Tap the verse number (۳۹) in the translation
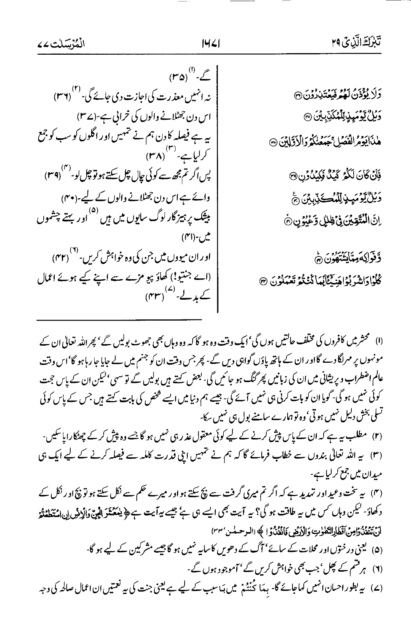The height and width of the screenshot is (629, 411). click(x=55, y=175)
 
